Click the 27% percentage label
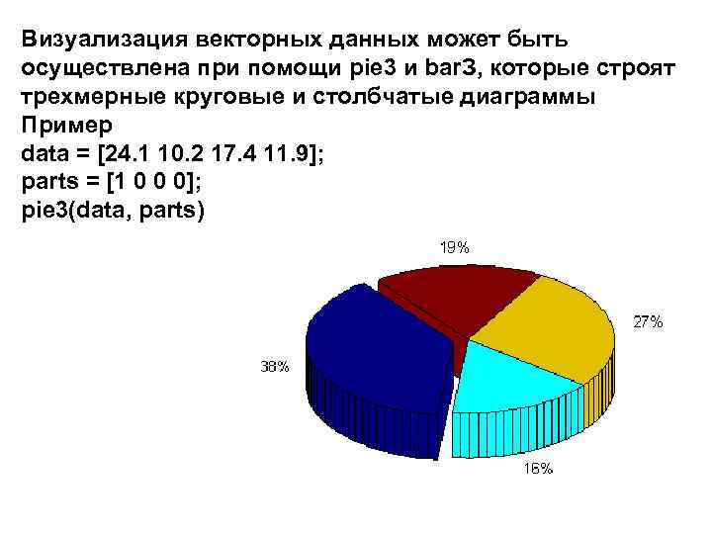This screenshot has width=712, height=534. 648,321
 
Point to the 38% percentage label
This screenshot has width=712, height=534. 274,367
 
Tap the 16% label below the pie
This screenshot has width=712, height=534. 538,469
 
